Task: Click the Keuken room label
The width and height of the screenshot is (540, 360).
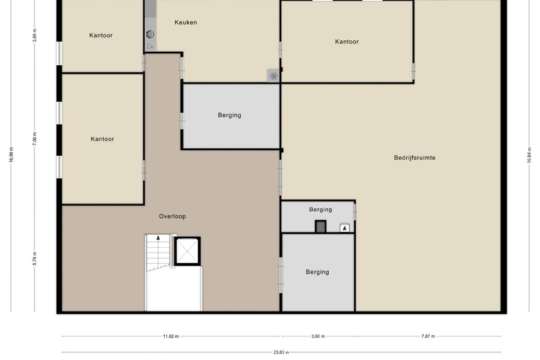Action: point(186,22)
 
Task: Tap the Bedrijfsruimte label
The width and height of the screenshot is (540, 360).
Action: point(415,158)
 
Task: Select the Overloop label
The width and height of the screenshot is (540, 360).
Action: point(172,216)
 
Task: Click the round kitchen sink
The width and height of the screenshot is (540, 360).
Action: point(150,34)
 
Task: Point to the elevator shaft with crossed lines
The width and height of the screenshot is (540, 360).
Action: point(188,251)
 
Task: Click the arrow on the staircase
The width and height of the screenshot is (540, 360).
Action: point(158,237)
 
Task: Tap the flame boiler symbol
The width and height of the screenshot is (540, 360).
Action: point(345,228)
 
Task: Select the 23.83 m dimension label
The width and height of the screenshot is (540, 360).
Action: point(281,352)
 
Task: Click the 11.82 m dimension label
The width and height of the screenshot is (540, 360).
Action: point(171,336)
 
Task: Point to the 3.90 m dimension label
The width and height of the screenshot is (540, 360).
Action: point(318,336)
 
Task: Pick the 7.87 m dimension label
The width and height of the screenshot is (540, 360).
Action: point(428,336)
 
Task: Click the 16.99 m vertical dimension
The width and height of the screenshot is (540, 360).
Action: point(11,154)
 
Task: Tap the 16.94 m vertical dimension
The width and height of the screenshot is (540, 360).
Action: point(529,155)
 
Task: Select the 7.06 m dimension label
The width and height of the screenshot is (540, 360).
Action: point(35,139)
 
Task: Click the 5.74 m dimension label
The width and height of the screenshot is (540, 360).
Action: point(35,258)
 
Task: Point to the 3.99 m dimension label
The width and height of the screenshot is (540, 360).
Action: point(35,35)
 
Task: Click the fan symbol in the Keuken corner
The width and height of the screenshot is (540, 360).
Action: point(273,75)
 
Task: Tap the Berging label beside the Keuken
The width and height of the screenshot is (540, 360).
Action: point(229,115)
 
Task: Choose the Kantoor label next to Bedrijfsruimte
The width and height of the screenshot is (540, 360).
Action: point(347,42)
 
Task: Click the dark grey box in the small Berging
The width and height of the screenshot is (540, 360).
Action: point(321,226)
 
